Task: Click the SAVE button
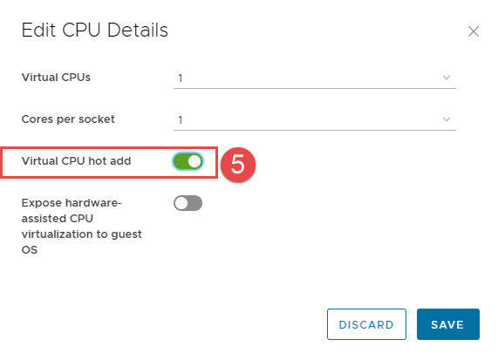(x=447, y=324)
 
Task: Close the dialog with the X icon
(x=474, y=31)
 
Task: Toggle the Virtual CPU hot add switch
(x=188, y=161)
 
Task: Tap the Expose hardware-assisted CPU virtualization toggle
(x=188, y=203)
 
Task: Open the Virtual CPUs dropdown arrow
(x=447, y=78)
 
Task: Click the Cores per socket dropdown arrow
(x=447, y=119)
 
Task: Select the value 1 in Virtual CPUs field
(x=181, y=78)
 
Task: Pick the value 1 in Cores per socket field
(x=181, y=120)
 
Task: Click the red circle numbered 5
(x=238, y=165)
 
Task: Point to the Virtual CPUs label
(x=56, y=77)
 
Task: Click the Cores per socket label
(x=68, y=119)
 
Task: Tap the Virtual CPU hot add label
(x=76, y=161)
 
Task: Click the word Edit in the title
(x=38, y=31)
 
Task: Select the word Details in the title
(x=138, y=31)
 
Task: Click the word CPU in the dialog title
(x=81, y=31)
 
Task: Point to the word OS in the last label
(x=30, y=250)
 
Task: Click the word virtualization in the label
(x=58, y=234)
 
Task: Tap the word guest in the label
(x=126, y=235)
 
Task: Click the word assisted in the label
(x=44, y=219)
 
